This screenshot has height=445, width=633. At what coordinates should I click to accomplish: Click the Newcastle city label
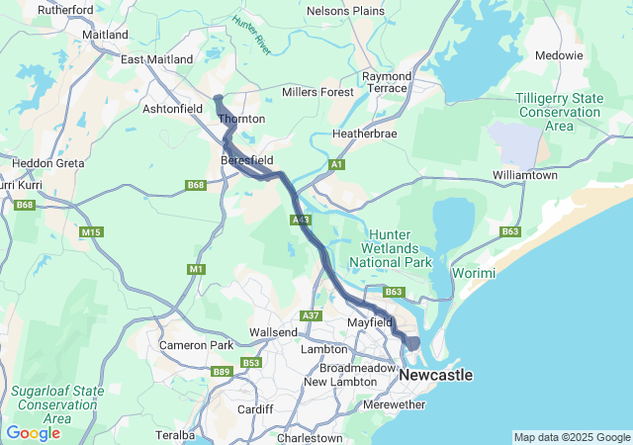point(435,376)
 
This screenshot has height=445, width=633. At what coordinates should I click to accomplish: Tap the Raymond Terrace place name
point(385,82)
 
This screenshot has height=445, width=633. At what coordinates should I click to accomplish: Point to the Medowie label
point(559,55)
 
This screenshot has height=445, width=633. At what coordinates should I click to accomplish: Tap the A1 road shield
point(337,164)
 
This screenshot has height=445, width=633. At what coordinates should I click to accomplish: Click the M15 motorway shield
point(91,231)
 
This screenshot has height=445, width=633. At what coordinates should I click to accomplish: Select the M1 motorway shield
point(195,269)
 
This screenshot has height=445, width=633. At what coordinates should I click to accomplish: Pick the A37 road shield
point(312,315)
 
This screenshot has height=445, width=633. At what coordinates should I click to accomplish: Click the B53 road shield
point(251,363)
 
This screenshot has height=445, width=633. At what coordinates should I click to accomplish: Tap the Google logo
point(33,432)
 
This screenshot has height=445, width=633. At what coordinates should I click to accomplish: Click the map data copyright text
point(571,437)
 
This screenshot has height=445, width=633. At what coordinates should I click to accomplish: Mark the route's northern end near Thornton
point(218,99)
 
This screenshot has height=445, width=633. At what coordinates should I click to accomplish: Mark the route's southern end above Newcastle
point(413,344)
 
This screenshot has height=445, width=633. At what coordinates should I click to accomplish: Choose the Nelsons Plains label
point(345,11)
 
